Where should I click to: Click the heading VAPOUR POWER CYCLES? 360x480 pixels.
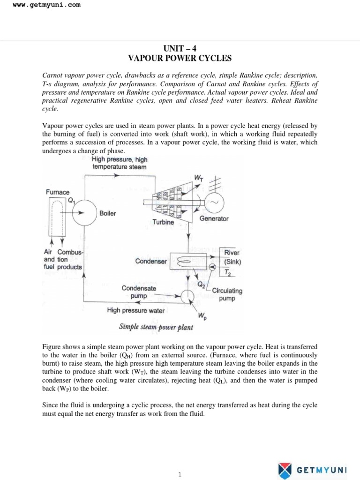pyautogui.click(x=180, y=58)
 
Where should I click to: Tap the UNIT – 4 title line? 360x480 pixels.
pyautogui.click(x=180, y=48)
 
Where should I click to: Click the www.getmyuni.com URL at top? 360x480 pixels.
pyautogui.click(x=40, y=5)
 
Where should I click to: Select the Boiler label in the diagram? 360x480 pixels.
pyautogui.click(x=107, y=213)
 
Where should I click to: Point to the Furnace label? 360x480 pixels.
pyautogui.click(x=57, y=192)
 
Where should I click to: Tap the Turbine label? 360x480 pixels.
pyautogui.click(x=163, y=222)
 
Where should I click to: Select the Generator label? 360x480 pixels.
pyautogui.click(x=214, y=218)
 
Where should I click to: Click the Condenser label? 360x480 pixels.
pyautogui.click(x=151, y=261)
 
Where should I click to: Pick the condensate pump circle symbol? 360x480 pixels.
pyautogui.click(x=187, y=296)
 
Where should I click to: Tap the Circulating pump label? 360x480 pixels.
pyautogui.click(x=227, y=294)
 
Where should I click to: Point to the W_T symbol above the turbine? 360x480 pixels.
pyautogui.click(x=198, y=178)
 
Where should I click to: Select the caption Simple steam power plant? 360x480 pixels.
pyautogui.click(x=156, y=327)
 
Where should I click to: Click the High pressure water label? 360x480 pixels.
pyautogui.click(x=136, y=310)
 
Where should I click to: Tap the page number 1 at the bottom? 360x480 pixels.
pyautogui.click(x=180, y=462)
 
